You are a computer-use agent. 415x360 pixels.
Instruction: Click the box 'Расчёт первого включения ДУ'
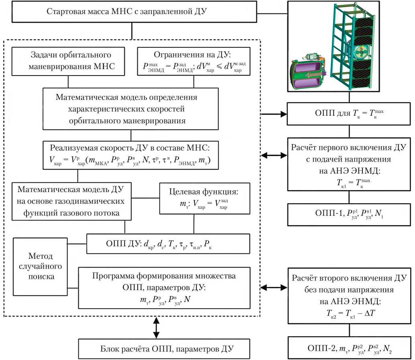[x=350, y=164]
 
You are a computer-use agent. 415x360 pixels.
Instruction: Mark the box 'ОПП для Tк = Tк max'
[x=350, y=114]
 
